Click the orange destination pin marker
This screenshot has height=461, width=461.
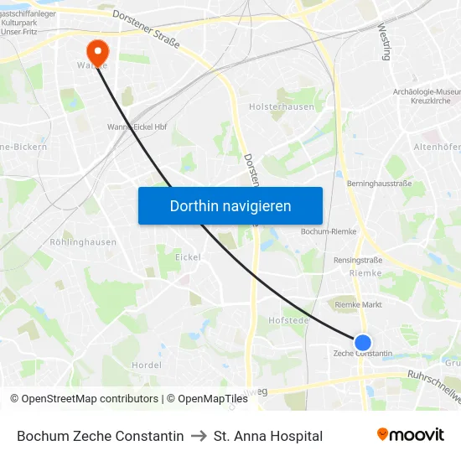pyautogui.click(x=98, y=53)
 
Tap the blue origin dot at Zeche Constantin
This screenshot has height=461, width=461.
pyautogui.click(x=363, y=343)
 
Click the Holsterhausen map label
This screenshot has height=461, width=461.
pyautogui.click(x=281, y=106)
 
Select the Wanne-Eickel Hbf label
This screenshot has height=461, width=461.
pyautogui.click(x=137, y=127)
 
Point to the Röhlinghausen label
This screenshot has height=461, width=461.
pyautogui.click(x=83, y=242)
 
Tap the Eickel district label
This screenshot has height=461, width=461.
pyautogui.click(x=188, y=256)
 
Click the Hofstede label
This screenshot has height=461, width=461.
pyautogui.click(x=288, y=319)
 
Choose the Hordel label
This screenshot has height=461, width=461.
pyautogui.click(x=147, y=365)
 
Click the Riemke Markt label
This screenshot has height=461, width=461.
pyautogui.click(x=358, y=305)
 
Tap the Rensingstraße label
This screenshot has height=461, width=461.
pyautogui.click(x=358, y=260)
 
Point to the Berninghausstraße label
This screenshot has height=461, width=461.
pyautogui.click(x=379, y=183)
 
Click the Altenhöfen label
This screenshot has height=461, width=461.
pyautogui.click(x=436, y=147)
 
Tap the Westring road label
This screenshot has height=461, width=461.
pyautogui.click(x=386, y=42)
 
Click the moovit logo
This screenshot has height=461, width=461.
pyautogui.click(x=410, y=435)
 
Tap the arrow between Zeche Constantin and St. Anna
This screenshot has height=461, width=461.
pyautogui.click(x=199, y=436)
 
